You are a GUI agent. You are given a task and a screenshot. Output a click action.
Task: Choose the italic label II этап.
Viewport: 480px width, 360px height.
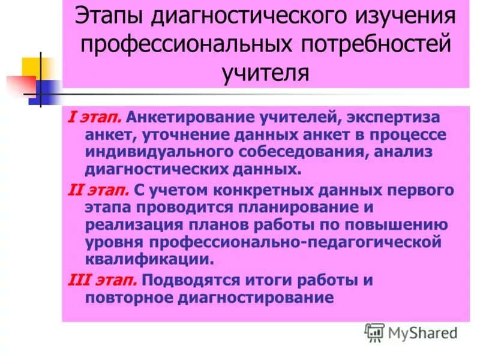(97, 191)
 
